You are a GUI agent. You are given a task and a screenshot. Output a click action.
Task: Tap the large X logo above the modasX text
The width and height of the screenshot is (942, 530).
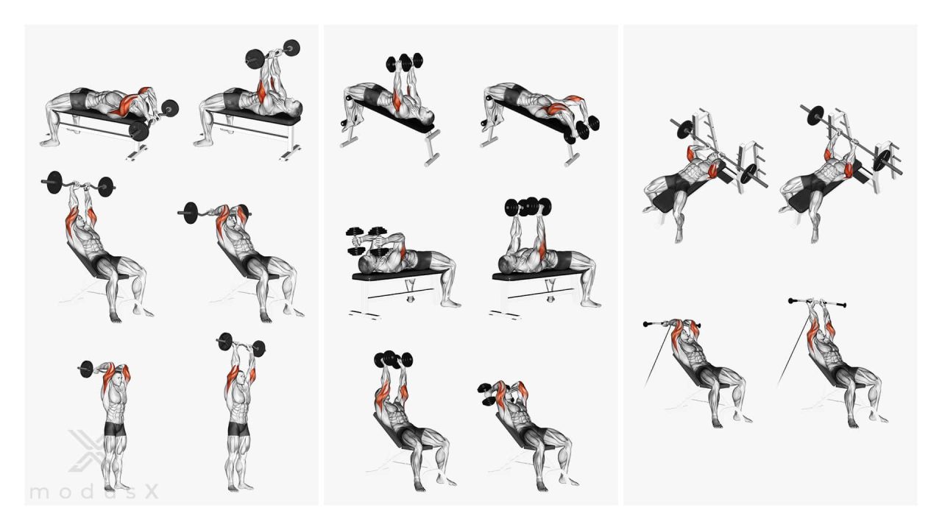[x=87, y=450]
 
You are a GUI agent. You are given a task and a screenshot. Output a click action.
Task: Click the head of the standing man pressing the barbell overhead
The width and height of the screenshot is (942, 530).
[x=240, y=378]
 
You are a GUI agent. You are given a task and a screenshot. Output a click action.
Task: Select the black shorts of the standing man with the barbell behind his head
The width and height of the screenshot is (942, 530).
[x=114, y=429]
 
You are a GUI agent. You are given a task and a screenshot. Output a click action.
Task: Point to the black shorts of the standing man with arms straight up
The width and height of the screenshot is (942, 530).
[x=238, y=429]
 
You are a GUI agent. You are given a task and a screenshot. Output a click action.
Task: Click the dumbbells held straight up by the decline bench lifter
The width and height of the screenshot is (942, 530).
[x=404, y=63]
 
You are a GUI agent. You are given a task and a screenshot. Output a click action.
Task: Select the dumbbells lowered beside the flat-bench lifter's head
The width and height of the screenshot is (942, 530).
[x=367, y=241]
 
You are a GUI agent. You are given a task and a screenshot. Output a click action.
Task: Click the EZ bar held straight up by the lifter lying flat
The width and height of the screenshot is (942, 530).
[x=272, y=53]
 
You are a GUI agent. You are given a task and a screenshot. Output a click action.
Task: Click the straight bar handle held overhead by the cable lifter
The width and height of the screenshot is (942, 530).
[x=817, y=303]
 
